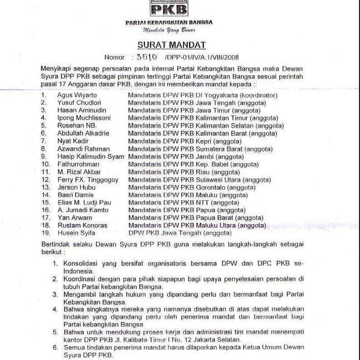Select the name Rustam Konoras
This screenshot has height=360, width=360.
tap(83, 226)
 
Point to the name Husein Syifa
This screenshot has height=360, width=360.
tap(76, 234)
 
